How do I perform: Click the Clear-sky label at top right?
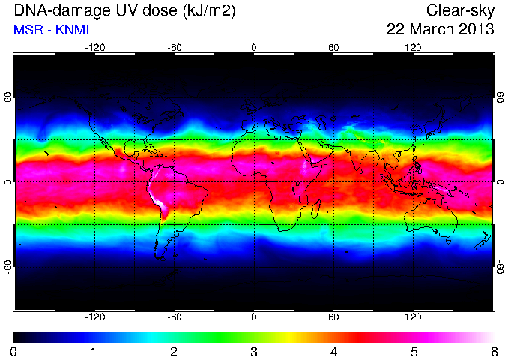point(460,11)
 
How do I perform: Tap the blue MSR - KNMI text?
point(51,30)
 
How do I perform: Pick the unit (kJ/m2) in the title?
point(209,12)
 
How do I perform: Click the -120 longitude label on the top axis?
point(95,48)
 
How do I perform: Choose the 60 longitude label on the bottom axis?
point(333,316)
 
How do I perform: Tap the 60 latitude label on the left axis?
point(8,97)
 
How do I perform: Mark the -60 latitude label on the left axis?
point(8,267)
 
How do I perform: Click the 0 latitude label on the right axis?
point(501,182)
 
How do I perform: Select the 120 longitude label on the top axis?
point(413,48)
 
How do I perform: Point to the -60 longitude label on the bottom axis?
point(175,316)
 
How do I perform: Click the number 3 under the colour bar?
point(254,352)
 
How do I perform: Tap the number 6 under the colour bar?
point(494,352)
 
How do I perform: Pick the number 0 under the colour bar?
point(13,352)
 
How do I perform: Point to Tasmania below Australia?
point(448,241)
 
